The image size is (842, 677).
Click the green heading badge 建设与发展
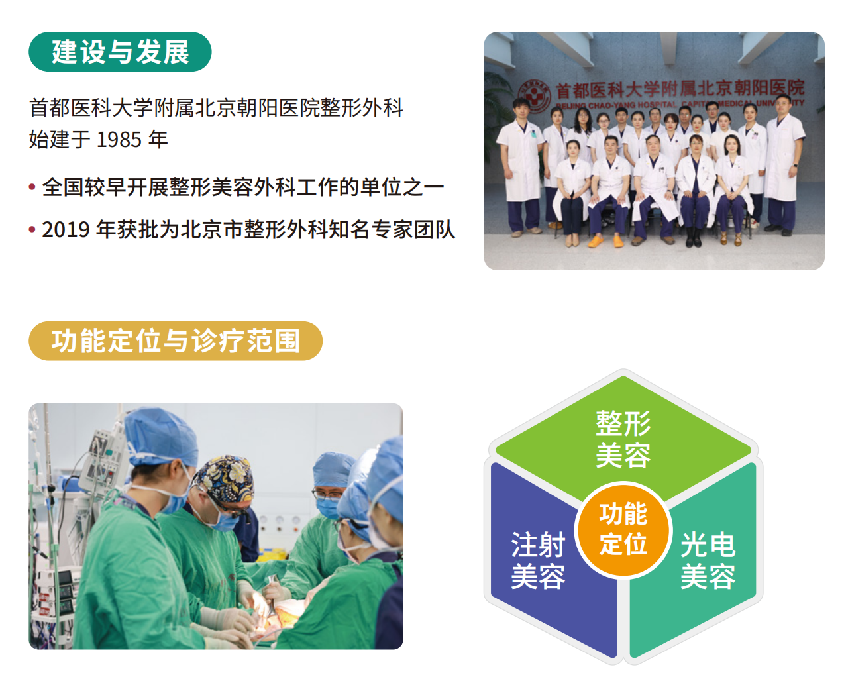[x=120, y=52]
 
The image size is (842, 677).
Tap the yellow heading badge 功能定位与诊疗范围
[x=176, y=341]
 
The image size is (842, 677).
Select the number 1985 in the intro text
[x=119, y=140]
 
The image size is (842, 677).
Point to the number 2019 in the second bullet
[x=66, y=230]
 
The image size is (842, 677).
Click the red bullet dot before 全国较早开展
[x=32, y=187]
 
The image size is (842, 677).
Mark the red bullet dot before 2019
[x=32, y=229]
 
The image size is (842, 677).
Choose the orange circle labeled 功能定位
[x=623, y=530]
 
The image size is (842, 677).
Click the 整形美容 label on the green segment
[x=623, y=439]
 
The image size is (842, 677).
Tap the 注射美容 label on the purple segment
[x=538, y=560]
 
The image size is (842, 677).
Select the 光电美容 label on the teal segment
[x=708, y=560]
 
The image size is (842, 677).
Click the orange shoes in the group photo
[x=605, y=240]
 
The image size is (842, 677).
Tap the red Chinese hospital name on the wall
[x=680, y=89]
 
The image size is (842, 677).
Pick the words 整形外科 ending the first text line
[x=362, y=107]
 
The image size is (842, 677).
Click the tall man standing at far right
[x=783, y=164]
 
